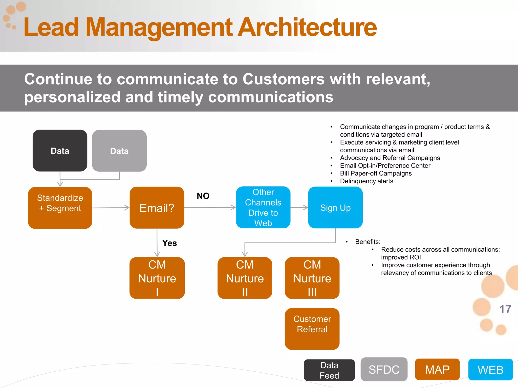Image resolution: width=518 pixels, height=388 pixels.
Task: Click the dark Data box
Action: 60,151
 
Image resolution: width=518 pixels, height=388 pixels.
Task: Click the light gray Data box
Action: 119,151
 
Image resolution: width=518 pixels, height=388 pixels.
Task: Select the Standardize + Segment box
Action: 60,208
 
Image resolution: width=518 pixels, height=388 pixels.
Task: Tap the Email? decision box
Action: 157,208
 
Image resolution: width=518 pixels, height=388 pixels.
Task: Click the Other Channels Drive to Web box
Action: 263,207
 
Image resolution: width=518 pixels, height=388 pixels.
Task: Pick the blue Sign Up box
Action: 335,207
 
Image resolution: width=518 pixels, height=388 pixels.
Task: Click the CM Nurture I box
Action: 157,278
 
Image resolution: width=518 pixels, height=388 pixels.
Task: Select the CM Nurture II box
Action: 245,278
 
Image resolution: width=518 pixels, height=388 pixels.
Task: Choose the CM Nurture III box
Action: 312,278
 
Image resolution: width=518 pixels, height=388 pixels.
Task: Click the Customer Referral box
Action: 312,329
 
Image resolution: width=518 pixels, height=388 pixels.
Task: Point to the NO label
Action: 203,196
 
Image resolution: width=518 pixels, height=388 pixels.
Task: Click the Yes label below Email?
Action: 169,243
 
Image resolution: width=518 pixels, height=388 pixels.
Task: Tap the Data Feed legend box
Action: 329,370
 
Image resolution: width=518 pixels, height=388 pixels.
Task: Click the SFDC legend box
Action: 384,369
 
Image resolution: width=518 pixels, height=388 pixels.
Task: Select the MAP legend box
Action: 437,369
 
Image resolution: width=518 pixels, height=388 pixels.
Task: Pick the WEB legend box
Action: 490,370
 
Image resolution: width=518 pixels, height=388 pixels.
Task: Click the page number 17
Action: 505,309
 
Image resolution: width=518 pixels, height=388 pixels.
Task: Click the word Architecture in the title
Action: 307,27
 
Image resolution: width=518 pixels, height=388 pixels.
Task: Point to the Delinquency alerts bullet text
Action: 366,181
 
